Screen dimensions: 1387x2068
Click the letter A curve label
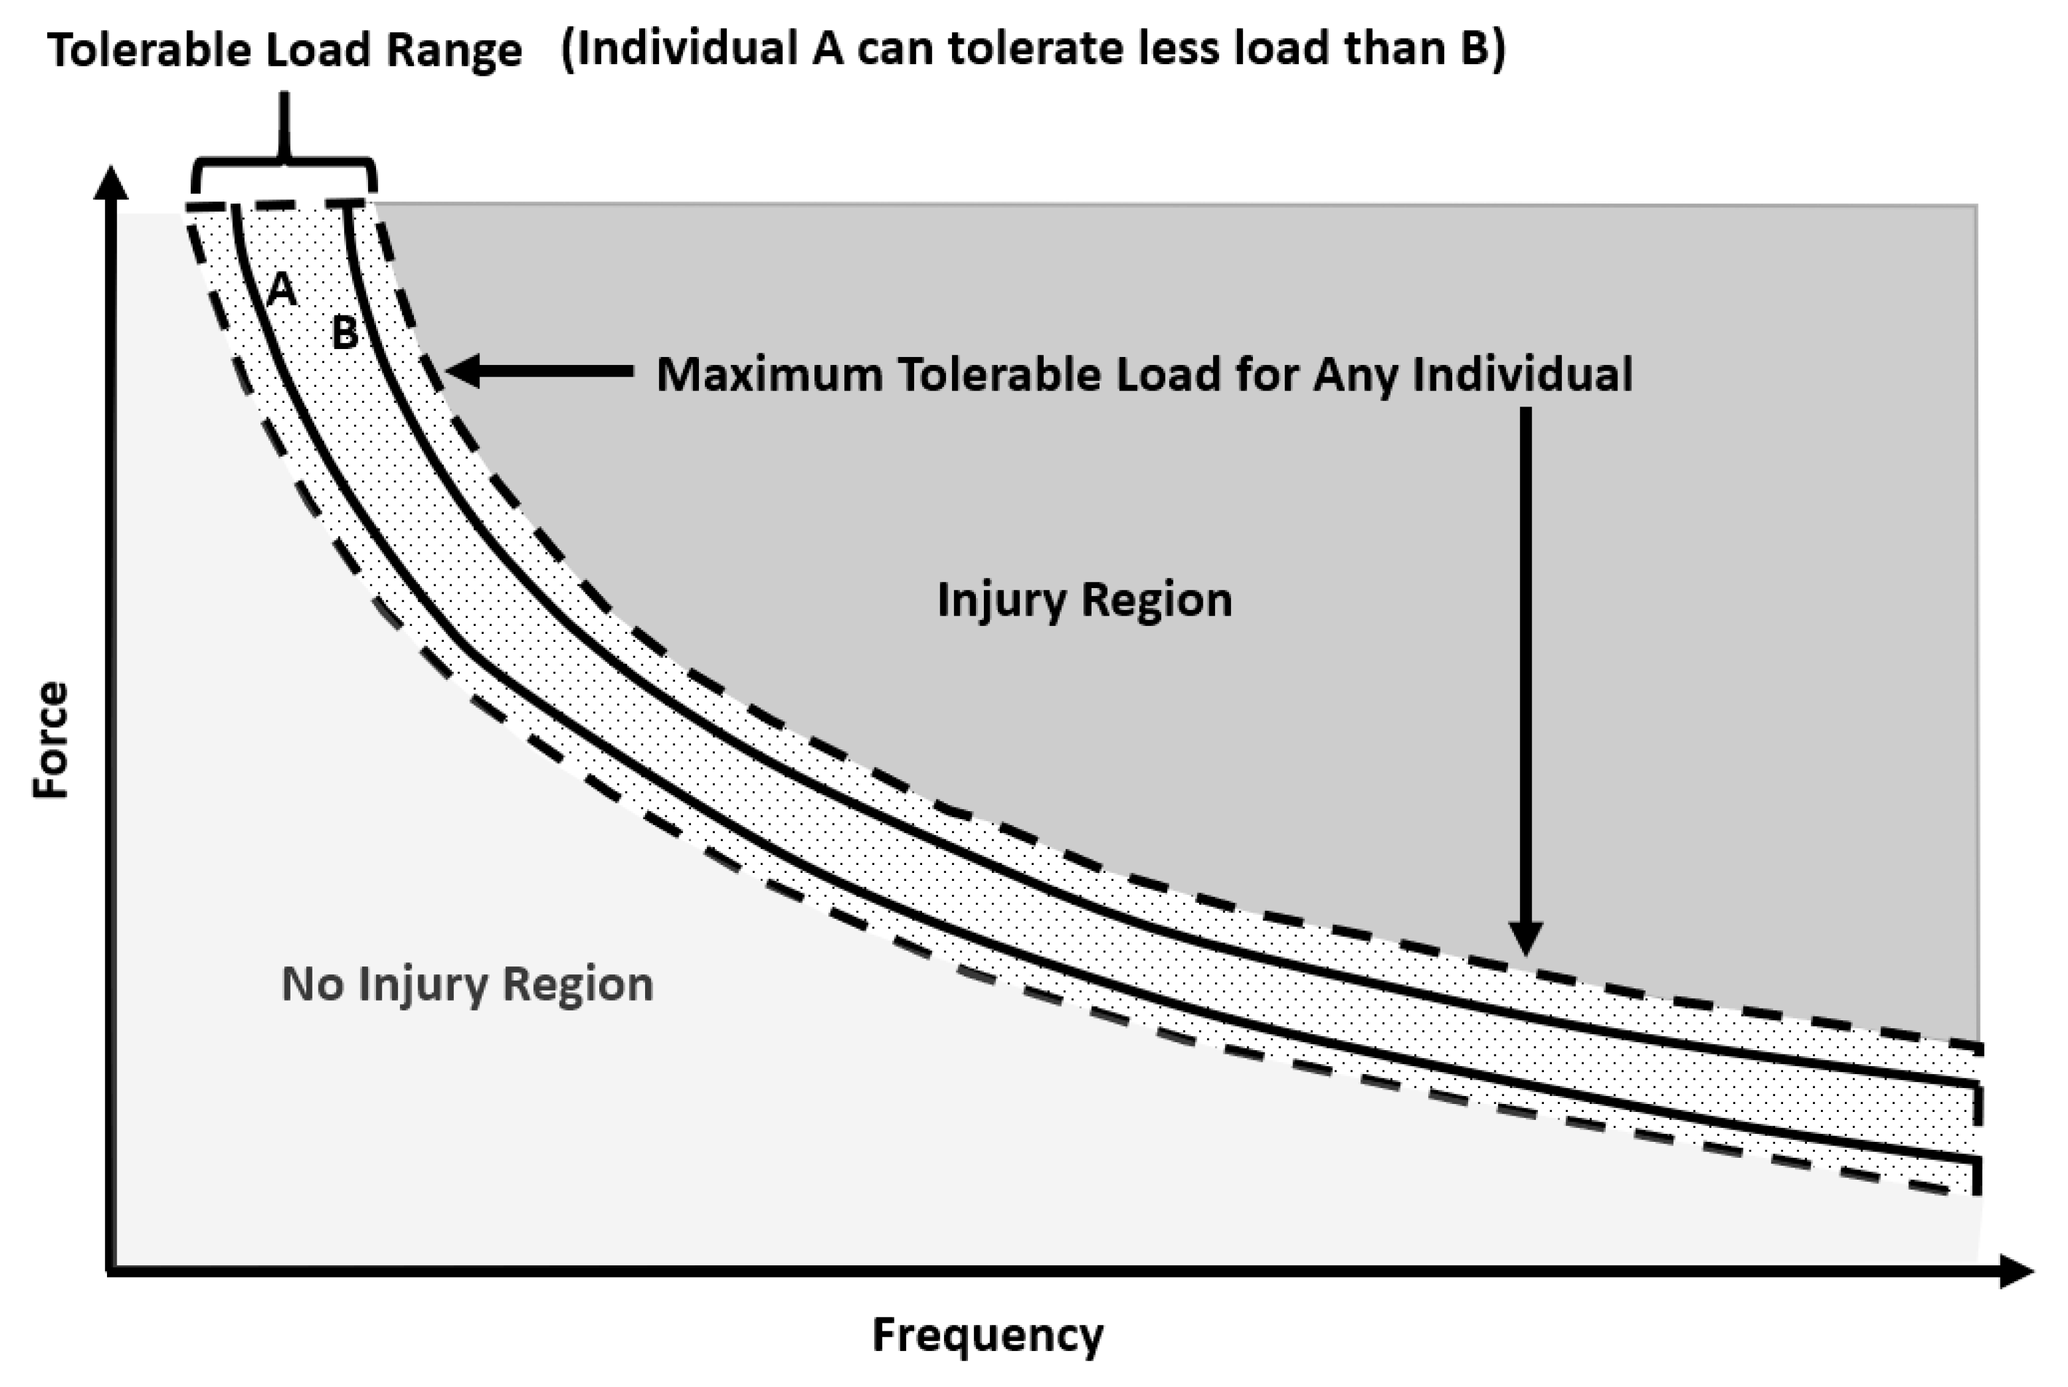tap(281, 289)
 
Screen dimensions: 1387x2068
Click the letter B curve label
tap(344, 334)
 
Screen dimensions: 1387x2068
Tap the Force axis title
tap(50, 740)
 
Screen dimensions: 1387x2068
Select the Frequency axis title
tap(988, 1336)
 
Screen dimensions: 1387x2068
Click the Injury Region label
tap(1084, 600)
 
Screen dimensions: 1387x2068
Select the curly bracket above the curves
tap(284, 168)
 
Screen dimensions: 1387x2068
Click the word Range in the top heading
tap(454, 50)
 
